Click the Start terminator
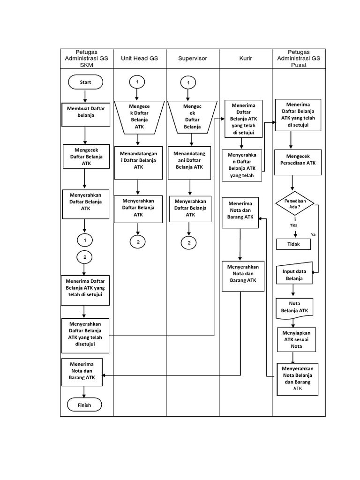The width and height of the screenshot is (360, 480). click(x=85, y=82)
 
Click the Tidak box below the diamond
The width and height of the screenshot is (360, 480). click(x=293, y=244)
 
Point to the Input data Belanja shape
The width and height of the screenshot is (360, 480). click(x=294, y=274)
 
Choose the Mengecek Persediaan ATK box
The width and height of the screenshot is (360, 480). click(x=298, y=159)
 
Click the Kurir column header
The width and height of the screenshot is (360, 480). click(x=246, y=59)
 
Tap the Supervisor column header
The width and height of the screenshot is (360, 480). click(x=192, y=59)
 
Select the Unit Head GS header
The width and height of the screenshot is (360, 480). click(x=139, y=59)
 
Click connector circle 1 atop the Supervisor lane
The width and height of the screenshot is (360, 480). click(x=188, y=82)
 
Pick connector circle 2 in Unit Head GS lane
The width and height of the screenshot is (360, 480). click(x=138, y=242)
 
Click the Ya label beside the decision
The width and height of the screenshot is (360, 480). click(x=313, y=234)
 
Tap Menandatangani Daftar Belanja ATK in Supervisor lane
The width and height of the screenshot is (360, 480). click(x=190, y=160)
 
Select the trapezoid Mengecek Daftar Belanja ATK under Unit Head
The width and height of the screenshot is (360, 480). click(x=138, y=116)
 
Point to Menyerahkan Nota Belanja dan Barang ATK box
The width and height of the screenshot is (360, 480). click(x=297, y=377)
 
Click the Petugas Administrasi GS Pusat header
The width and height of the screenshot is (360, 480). click(x=299, y=59)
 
